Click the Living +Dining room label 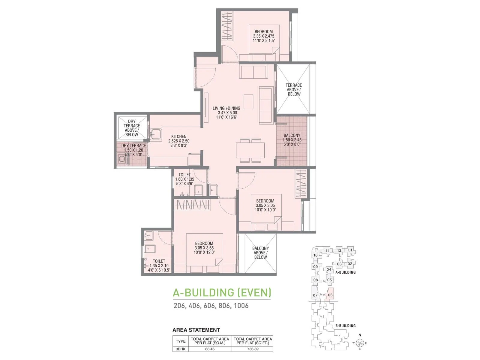click(x=226, y=108)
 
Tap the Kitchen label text click(x=179, y=136)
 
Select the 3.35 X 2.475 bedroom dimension click(x=263, y=36)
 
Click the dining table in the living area click(x=250, y=150)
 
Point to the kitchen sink click(x=156, y=134)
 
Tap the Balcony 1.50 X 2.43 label click(x=292, y=140)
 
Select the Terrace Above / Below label click(x=294, y=90)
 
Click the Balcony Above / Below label click(x=260, y=253)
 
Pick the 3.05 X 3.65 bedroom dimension click(x=204, y=248)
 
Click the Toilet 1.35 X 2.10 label click(x=159, y=265)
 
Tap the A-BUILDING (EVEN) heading click(x=222, y=293)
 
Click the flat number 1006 click(x=241, y=306)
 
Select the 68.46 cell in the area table click(x=210, y=349)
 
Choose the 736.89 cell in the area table click(x=253, y=349)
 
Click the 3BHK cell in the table click(x=180, y=349)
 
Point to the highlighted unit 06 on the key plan click(x=330, y=295)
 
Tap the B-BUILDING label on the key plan click(x=346, y=326)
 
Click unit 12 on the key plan click(x=339, y=250)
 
